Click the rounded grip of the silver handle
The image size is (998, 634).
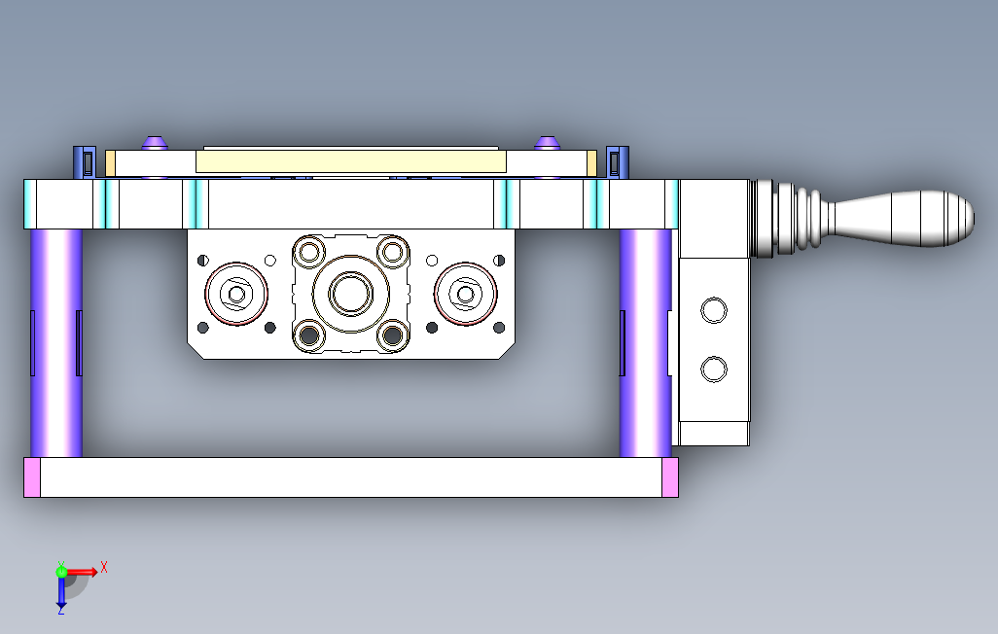click(904, 219)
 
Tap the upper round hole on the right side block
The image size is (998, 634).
click(714, 310)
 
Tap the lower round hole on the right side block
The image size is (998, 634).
click(714, 370)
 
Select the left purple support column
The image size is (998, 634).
click(56, 343)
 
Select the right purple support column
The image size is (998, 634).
click(645, 343)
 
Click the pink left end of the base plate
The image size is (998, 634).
click(32, 477)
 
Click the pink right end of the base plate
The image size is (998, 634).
click(670, 477)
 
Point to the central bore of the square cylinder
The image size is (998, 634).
click(351, 294)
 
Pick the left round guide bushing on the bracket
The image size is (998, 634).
click(236, 294)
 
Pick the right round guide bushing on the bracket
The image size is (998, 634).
click(465, 294)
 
